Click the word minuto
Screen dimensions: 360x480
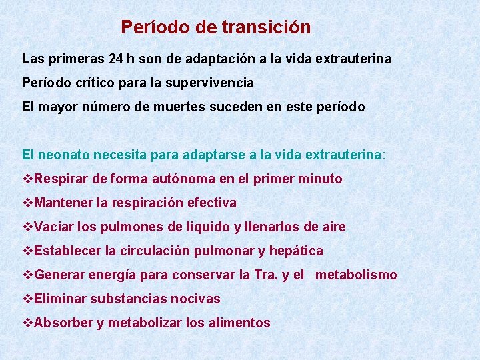(321, 179)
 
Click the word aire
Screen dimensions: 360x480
(334, 227)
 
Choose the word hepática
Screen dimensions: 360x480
(296, 251)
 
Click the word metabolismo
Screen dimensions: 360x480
(356, 275)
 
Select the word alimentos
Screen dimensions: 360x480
(238, 323)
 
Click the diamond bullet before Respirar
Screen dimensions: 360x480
(27, 179)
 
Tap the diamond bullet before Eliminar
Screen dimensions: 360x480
(27, 299)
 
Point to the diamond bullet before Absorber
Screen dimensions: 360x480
(27, 323)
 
